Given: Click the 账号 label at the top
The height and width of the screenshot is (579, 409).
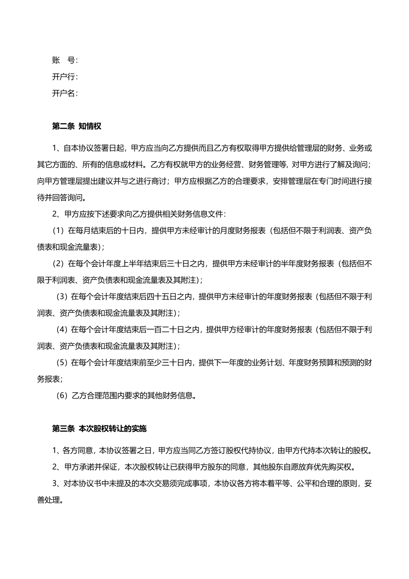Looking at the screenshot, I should [65, 60].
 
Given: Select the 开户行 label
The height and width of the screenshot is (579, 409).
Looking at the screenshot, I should [65, 77].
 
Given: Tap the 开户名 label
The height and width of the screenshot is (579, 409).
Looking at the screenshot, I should [65, 93].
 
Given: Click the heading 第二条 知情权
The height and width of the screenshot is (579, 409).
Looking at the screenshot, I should [77, 126].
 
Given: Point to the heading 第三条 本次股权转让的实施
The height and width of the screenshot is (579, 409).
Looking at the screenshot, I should [99, 429].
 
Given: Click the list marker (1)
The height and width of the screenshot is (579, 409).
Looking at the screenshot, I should [58, 230].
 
